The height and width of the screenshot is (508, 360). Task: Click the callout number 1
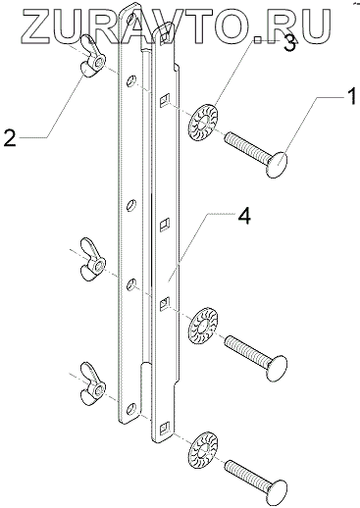tap(351, 97)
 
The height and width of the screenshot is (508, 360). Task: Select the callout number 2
tap(10, 137)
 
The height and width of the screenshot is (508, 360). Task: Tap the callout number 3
tap(289, 43)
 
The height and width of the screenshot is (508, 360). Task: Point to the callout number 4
tap(244, 216)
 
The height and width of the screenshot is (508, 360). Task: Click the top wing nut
tap(92, 60)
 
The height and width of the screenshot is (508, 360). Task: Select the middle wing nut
tap(93, 260)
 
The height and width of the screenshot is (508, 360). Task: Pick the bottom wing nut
tap(93, 384)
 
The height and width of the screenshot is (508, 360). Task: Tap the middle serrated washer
tap(203, 326)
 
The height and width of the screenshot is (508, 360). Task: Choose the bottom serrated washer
tap(203, 450)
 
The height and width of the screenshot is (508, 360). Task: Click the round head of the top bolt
tap(277, 164)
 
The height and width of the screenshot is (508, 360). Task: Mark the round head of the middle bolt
tap(277, 368)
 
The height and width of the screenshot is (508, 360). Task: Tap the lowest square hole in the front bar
tap(164, 428)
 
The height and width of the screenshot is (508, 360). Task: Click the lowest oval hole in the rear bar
tap(131, 407)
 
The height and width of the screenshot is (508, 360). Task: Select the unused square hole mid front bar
tap(165, 225)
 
